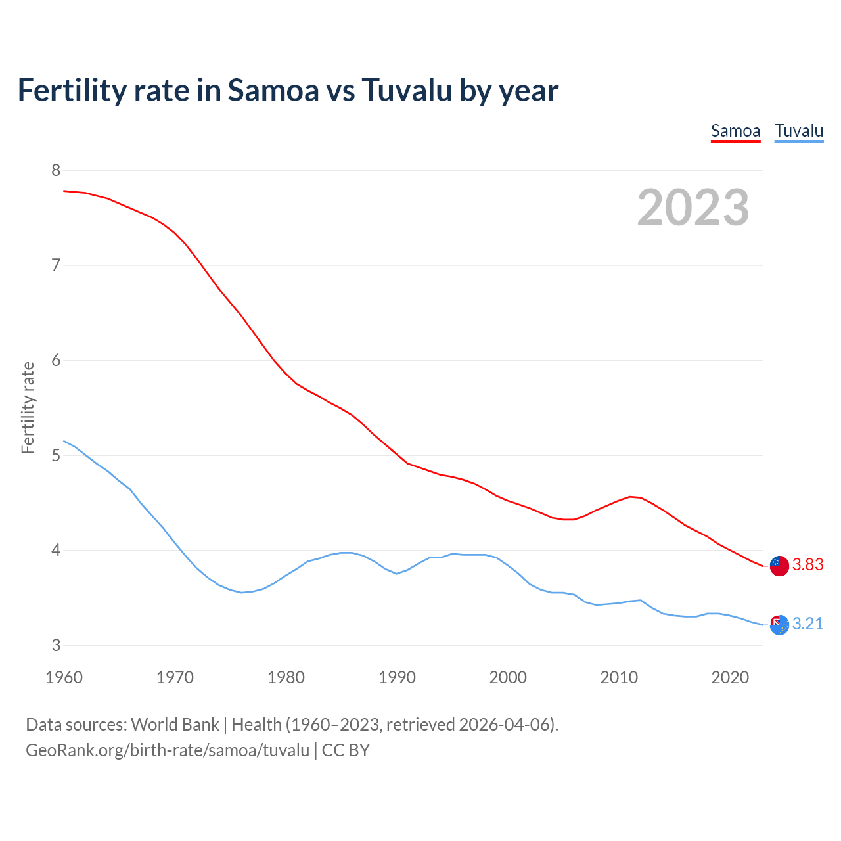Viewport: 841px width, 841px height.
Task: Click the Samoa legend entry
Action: point(735,131)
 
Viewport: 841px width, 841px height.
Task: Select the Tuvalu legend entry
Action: point(798,131)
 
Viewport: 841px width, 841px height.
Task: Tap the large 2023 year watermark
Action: point(693,208)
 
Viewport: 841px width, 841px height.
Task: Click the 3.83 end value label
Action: point(807,565)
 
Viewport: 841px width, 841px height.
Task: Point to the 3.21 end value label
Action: point(807,624)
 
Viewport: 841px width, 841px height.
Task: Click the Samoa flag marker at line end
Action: point(779,565)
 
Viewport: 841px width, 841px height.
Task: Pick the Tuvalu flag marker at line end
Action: point(779,624)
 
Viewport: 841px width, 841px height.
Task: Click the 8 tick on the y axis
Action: point(56,171)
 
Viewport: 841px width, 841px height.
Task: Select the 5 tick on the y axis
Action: point(56,455)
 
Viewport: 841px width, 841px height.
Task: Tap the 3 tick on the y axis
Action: point(56,645)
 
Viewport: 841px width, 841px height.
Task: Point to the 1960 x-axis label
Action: point(64,677)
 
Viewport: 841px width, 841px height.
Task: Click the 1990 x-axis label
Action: point(397,677)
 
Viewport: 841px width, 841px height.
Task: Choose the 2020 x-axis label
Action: point(730,677)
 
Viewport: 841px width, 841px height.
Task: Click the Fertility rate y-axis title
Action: point(28,407)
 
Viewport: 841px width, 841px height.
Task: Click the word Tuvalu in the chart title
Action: point(407,90)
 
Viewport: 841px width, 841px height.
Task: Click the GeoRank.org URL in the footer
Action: point(168,750)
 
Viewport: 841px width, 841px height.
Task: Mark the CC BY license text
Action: point(346,750)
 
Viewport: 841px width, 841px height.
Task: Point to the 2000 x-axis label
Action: point(508,677)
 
